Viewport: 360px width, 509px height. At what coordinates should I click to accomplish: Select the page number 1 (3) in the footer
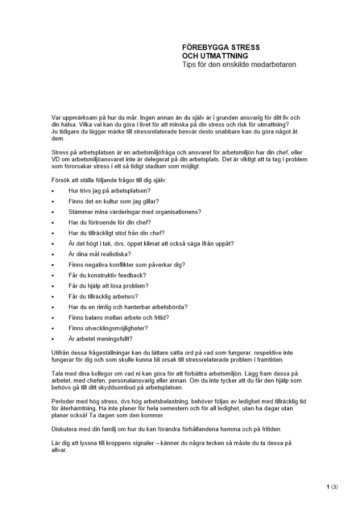[x=332, y=487]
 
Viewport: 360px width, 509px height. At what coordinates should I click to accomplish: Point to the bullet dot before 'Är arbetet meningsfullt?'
[x=53, y=338]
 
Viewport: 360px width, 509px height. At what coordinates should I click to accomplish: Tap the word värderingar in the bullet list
[x=120, y=212]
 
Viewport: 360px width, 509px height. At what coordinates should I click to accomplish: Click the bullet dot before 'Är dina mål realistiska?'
[x=53, y=254]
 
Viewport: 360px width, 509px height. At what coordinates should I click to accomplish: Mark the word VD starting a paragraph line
[x=56, y=159]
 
